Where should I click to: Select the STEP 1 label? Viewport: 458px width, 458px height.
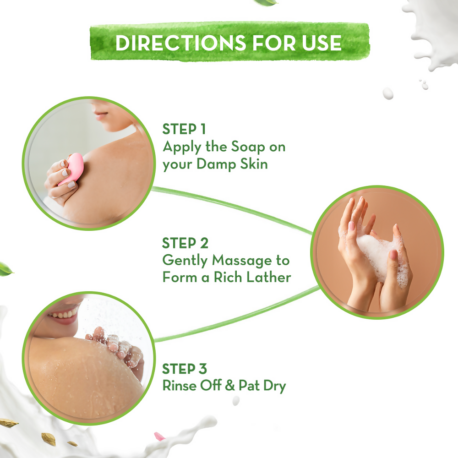(x=185, y=130)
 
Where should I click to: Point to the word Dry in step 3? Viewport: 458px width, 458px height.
(x=274, y=386)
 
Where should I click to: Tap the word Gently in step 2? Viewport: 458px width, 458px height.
(x=185, y=261)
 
